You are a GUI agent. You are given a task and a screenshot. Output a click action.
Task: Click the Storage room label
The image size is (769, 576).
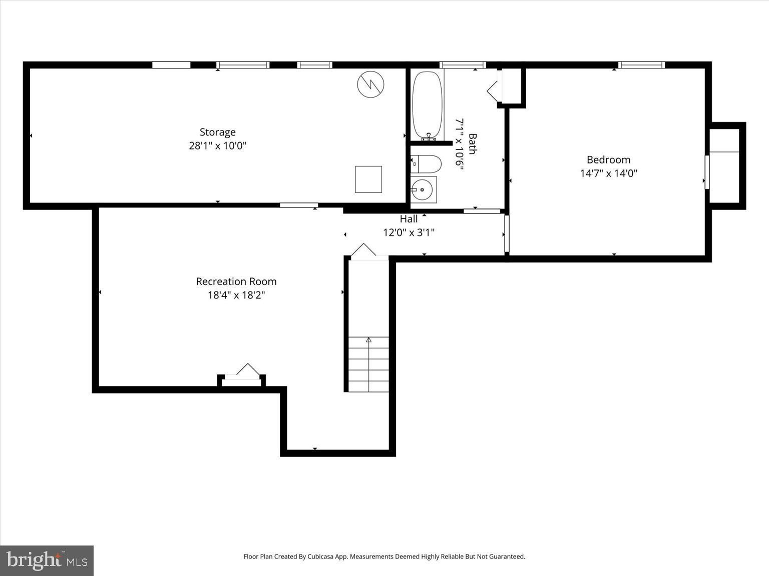pos(218,132)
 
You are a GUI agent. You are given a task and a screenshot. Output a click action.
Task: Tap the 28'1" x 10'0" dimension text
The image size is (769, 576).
pos(218,145)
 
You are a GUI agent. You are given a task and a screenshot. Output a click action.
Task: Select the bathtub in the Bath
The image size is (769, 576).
pos(427,105)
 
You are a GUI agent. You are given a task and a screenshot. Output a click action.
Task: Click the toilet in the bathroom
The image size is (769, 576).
pos(426,164)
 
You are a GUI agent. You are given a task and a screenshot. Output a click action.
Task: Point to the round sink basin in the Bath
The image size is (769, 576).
pos(422,189)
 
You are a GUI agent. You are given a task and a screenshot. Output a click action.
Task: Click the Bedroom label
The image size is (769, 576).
pos(609,160)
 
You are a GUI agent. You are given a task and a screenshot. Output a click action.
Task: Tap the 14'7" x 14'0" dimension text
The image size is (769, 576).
pos(609,173)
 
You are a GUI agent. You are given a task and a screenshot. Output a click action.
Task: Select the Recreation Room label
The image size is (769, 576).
pos(236,281)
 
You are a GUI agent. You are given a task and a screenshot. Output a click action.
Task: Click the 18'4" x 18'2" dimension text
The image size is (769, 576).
pos(236,295)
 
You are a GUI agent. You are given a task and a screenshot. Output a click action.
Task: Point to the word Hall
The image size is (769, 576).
pos(409,219)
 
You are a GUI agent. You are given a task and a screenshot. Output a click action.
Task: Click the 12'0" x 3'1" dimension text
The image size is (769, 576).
pos(409,232)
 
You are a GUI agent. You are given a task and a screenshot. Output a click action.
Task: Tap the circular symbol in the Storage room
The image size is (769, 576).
pos(370,84)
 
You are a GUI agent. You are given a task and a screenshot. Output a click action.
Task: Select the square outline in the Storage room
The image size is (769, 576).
pos(368,179)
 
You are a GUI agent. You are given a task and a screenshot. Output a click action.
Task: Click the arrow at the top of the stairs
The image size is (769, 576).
pos(368,339)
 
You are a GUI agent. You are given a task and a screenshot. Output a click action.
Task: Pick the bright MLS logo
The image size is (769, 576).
pos(47,560)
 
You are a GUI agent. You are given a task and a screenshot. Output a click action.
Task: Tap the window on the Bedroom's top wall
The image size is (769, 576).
pos(641,64)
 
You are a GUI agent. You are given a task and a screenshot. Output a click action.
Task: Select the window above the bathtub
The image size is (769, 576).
pos(463,64)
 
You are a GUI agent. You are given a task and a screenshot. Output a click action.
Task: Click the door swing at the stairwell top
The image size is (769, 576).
pos(363,249)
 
